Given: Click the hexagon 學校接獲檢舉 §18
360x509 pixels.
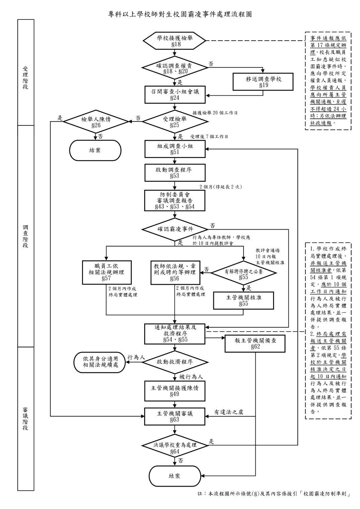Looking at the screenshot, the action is [174, 41].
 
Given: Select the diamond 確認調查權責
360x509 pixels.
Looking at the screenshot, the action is [174, 68].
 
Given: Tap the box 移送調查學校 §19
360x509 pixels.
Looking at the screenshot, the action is [263, 82].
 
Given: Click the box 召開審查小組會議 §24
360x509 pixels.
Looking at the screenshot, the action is [175, 94].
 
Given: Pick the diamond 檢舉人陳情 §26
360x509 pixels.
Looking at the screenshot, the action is [96, 122].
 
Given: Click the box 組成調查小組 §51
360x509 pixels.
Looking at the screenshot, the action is [175, 149].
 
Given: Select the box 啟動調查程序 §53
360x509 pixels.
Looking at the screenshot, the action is [175, 173].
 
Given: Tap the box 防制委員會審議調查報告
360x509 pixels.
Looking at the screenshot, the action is [175, 201].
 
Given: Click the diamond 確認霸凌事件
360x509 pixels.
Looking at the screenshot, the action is [175, 229].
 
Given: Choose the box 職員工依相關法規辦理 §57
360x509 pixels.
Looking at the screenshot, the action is [107, 272].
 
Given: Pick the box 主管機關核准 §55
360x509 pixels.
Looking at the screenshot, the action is [244, 301].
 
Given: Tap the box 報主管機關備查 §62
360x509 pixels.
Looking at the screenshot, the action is [255, 344].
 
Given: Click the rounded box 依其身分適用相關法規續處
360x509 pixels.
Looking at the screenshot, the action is [100, 362].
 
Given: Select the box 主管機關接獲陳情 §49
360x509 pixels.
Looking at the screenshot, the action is [175, 391].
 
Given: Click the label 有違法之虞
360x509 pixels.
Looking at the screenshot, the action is [229, 412].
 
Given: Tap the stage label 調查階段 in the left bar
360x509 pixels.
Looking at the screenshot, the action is [25, 236].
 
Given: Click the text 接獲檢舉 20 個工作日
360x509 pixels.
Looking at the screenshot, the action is [215, 113].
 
